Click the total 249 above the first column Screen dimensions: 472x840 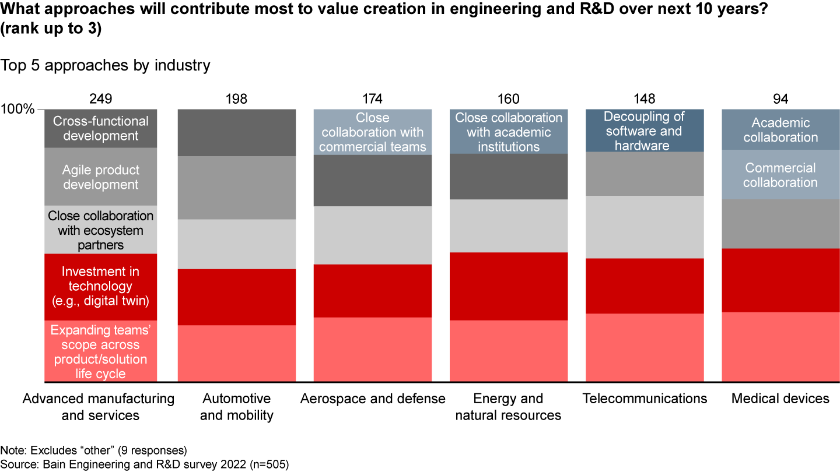pyautogui.click(x=101, y=99)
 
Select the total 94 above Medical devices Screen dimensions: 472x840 pyautogui.click(x=780, y=99)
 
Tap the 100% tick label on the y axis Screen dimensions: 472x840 pyautogui.click(x=18, y=110)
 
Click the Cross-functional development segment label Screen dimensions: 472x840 pyautogui.click(x=101, y=129)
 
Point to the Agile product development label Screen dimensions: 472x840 pyautogui.click(x=101, y=177)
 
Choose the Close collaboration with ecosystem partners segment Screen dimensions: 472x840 pyautogui.click(x=101, y=230)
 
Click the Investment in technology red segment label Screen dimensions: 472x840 pyautogui.click(x=101, y=286)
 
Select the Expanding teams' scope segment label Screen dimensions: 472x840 pyautogui.click(x=101, y=352)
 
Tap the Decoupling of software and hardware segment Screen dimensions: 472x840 pyautogui.click(x=644, y=131)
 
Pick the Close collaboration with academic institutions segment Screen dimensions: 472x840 pyautogui.click(x=509, y=132)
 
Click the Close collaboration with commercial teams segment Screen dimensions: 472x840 pyautogui.click(x=373, y=132)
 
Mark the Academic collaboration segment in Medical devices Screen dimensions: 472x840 pyautogui.click(x=780, y=130)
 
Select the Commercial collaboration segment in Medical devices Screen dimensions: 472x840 pyautogui.click(x=780, y=175)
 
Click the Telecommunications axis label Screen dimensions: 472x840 pyautogui.click(x=645, y=399)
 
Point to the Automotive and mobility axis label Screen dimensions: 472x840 pyautogui.click(x=236, y=407)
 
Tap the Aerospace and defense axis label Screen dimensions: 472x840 pyautogui.click(x=373, y=399)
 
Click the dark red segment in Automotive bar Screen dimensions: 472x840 pyautogui.click(x=236, y=297)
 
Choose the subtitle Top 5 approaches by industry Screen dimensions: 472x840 pyautogui.click(x=105, y=65)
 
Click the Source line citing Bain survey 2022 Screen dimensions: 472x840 pyautogui.click(x=145, y=464)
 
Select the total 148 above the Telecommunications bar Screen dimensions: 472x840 pyautogui.click(x=645, y=99)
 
